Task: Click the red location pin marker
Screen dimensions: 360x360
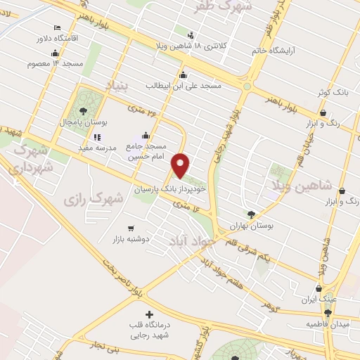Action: click(x=181, y=166)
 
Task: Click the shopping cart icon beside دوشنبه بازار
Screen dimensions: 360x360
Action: click(x=131, y=228)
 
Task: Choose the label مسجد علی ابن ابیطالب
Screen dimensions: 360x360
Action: click(x=184, y=85)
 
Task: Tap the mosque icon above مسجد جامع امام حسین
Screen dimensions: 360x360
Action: click(x=146, y=136)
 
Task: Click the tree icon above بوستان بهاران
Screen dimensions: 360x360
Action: click(x=251, y=214)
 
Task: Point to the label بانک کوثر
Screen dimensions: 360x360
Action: click(x=333, y=92)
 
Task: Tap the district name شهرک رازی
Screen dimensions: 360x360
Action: click(x=93, y=200)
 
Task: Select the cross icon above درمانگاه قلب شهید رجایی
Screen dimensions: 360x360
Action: click(x=148, y=314)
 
